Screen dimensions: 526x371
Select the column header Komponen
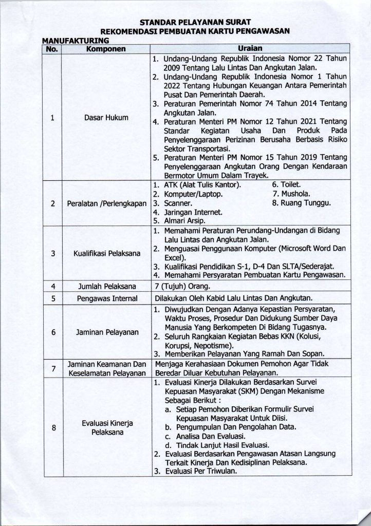click(105, 49)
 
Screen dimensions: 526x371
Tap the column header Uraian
click(250, 48)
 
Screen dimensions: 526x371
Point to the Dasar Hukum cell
click(106, 118)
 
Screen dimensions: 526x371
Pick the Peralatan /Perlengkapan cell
click(106, 203)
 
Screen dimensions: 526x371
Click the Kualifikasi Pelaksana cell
click(106, 254)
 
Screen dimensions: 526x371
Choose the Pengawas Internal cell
click(106, 297)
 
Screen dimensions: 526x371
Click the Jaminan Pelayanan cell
click(106, 332)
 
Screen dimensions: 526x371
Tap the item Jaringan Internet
click(188, 212)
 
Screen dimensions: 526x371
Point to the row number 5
click(52, 297)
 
